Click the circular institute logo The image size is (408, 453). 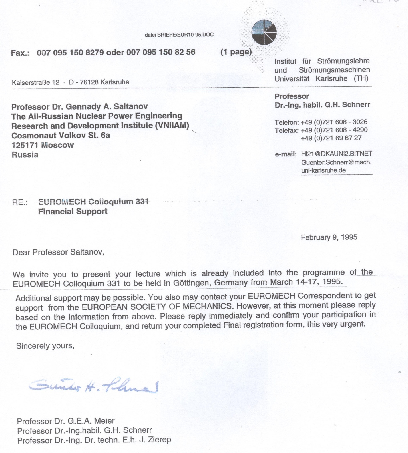pyautogui.click(x=264, y=33)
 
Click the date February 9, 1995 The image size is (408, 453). pyautogui.click(x=329, y=237)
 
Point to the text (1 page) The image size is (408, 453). pyautogui.click(x=236, y=52)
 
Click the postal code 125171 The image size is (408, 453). pyautogui.click(x=25, y=145)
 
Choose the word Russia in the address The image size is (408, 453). pyautogui.click(x=25, y=155)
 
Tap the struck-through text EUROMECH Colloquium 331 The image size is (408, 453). pyautogui.click(x=93, y=202)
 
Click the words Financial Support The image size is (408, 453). pyautogui.click(x=73, y=212)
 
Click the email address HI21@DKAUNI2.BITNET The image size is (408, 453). pyautogui.click(x=336, y=154)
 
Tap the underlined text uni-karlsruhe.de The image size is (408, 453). pyautogui.click(x=323, y=170)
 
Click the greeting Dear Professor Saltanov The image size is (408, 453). pyautogui.click(x=58, y=252)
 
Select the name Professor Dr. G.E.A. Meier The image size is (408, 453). pyautogui.click(x=66, y=421)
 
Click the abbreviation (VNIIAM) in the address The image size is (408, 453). pyautogui.click(x=172, y=126)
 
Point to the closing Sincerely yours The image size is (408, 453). pyautogui.click(x=45, y=346)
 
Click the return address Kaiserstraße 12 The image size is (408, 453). pyautogui.click(x=36, y=82)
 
